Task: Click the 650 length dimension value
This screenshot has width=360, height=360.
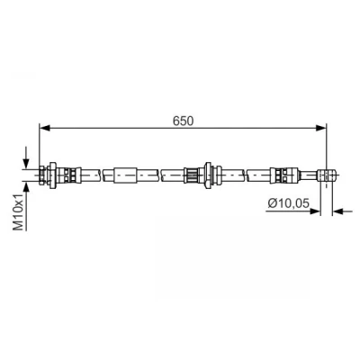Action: [x=184, y=121]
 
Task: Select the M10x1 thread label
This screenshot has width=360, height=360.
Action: [x=19, y=211]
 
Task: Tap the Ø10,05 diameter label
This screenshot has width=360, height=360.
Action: [x=288, y=203]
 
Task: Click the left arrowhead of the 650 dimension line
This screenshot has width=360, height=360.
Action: [x=45, y=128]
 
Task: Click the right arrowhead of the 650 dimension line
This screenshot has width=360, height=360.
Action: [x=321, y=128]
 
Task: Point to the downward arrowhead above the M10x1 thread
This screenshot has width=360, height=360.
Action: [x=26, y=164]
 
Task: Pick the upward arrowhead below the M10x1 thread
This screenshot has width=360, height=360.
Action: [x=26, y=186]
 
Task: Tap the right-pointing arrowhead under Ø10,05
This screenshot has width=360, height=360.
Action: [x=315, y=211]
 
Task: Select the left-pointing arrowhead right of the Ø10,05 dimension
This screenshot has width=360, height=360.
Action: [x=337, y=211]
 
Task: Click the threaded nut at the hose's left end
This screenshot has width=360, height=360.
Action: [x=43, y=175]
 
